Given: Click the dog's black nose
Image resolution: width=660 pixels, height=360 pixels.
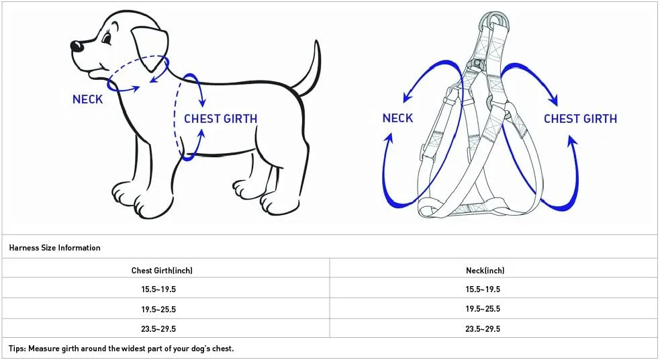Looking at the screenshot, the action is (76, 46).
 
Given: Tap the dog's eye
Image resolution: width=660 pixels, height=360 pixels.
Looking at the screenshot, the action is (107, 39).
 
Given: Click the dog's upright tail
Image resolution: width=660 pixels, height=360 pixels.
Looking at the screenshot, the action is (309, 69).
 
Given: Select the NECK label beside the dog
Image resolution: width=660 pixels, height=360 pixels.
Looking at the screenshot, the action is (87, 99).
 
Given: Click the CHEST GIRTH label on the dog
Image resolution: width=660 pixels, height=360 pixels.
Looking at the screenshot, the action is (221, 119).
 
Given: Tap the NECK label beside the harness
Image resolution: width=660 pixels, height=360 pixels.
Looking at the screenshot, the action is (397, 118).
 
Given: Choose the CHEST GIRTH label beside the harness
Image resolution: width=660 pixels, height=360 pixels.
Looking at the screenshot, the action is (581, 119).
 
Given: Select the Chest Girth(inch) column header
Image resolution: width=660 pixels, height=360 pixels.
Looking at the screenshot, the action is (162, 270).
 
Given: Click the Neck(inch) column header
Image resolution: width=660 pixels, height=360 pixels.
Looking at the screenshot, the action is (485, 270).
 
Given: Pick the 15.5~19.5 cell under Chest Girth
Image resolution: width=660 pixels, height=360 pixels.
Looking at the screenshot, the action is (158, 289).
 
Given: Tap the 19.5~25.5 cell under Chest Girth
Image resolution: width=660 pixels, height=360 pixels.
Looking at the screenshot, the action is (158, 310).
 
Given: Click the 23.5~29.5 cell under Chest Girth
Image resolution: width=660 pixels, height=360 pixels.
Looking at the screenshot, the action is (158, 329).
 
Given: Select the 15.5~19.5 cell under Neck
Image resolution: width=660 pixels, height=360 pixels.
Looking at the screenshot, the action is (483, 289).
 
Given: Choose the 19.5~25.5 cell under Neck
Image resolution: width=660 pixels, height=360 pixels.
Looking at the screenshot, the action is (483, 309).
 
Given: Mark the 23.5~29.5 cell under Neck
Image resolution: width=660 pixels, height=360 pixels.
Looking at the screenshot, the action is (483, 329).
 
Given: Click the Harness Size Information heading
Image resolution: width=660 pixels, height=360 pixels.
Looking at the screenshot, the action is (54, 248).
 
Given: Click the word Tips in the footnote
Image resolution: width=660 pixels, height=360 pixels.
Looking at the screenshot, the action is (17, 349).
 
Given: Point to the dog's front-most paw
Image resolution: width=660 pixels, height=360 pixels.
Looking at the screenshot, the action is (126, 195).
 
